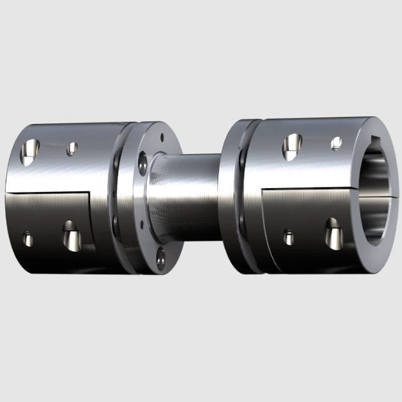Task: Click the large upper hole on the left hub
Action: coord(30,151)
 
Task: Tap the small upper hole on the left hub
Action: coord(72,148)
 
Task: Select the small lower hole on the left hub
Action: coord(28,239)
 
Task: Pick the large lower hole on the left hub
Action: coord(71,236)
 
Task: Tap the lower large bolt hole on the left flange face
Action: coord(160,258)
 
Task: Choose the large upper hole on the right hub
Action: coord(292,146)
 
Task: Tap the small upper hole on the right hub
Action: coord(336,143)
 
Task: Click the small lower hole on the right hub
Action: coord(289,237)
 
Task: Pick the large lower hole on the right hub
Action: coord(333,233)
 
